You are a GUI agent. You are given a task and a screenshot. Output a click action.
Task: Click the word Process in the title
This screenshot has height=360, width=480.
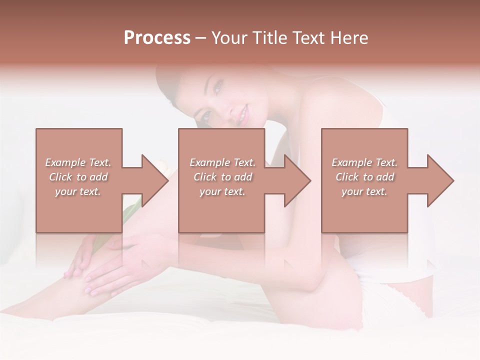click(x=157, y=38)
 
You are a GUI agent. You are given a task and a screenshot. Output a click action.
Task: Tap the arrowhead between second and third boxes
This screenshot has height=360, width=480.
click(x=297, y=180)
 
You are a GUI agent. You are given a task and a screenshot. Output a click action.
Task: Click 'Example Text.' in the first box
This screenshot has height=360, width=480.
click(x=78, y=162)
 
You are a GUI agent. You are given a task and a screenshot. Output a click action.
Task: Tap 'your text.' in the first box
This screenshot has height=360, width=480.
click(x=78, y=191)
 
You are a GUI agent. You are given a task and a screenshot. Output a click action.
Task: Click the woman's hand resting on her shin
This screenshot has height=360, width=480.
click(x=120, y=265)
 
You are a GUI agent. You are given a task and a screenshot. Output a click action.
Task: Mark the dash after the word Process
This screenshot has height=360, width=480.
click(x=200, y=38)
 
